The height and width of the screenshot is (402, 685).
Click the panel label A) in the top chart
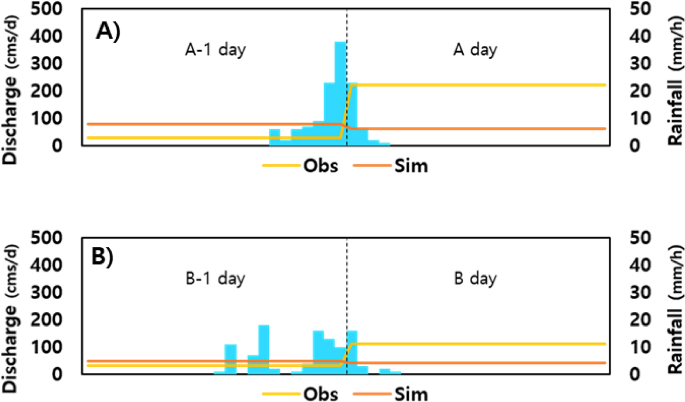pos(108,32)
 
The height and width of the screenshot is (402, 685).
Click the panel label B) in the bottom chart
pos(103,257)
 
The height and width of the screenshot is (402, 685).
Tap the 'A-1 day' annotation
pos(215,50)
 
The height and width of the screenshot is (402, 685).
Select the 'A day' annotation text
pos(475,50)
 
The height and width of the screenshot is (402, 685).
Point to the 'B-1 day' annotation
pos(215,278)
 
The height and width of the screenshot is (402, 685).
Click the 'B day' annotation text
pos(475,278)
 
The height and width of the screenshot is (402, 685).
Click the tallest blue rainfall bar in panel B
pos(264,348)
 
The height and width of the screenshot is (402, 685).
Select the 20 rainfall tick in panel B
pos(640,320)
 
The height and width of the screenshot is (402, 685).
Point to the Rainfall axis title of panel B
pos(675,318)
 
